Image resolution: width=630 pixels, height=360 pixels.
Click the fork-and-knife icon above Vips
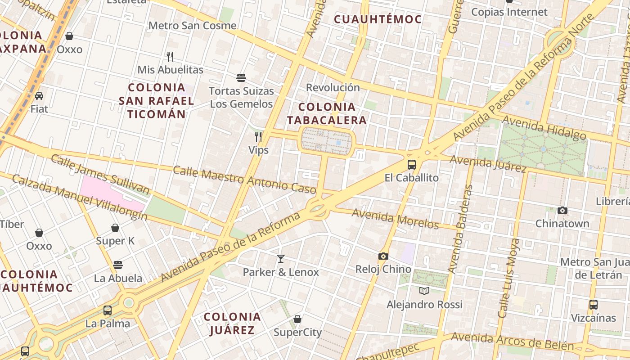coord(258,136)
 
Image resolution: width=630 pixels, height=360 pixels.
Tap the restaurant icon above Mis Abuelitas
coord(170,56)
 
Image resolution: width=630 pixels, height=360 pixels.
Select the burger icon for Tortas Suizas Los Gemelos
coord(241,78)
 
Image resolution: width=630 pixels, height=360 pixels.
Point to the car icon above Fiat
coord(39,95)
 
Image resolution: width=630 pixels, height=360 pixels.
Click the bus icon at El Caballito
coord(411,164)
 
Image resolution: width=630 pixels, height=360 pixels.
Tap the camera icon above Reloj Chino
coord(383,256)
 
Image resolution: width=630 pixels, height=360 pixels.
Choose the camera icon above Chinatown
coord(562,210)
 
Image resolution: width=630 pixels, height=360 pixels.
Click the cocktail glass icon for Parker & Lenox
coord(281,259)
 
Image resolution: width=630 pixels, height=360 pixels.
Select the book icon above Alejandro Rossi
coord(424,291)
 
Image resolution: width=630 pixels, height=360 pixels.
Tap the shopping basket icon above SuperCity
coord(297,319)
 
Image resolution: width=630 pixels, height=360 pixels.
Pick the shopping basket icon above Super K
coord(115,228)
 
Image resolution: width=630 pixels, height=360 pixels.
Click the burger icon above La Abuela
coord(118,265)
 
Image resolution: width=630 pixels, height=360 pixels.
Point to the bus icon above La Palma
coord(108,310)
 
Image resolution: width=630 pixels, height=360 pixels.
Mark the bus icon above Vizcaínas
coord(593,304)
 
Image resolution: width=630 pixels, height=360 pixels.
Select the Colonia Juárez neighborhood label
coord(232,323)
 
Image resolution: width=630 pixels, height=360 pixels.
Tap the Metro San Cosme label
coord(192,26)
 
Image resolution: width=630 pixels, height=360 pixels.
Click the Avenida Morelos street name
coord(395,218)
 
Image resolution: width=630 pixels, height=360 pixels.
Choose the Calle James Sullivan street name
coord(100,175)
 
